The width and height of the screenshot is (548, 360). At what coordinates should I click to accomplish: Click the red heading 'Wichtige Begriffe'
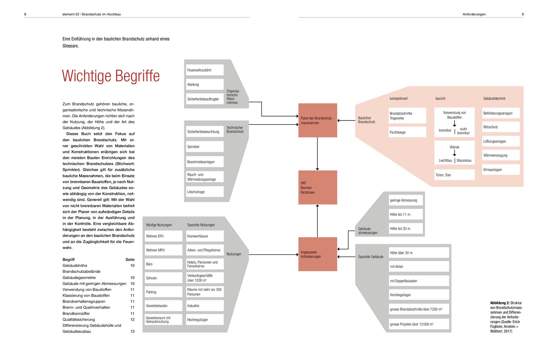coord(111,76)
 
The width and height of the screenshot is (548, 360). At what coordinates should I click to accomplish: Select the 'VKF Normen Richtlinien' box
coord(317,187)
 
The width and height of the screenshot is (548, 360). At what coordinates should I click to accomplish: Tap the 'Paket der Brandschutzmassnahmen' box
coord(317,121)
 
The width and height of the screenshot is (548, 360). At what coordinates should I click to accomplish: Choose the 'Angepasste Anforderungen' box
coord(317,254)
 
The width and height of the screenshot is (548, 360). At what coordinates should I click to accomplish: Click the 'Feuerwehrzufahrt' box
coord(205,70)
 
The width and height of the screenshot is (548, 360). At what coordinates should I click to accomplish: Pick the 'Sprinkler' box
coord(205,146)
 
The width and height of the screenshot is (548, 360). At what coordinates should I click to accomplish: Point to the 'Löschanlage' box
coord(205,192)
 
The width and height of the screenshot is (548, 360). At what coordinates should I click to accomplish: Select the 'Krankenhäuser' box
coord(205,236)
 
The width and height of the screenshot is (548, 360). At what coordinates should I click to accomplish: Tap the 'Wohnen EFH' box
coord(164,236)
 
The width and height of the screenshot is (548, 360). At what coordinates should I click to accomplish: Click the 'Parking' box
coord(164,292)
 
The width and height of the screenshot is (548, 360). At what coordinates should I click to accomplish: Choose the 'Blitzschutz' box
coord(501,127)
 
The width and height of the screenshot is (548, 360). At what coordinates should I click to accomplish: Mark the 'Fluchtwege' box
coord(407,132)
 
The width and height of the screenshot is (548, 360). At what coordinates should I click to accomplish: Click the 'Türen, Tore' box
coord(454,175)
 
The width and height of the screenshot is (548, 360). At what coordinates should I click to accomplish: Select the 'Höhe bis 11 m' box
coord(406,214)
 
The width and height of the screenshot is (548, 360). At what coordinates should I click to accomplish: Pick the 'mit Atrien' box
coord(419,266)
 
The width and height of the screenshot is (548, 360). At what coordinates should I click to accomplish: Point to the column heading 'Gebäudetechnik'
coord(494,98)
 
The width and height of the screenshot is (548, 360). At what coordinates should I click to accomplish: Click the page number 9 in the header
coord(523,14)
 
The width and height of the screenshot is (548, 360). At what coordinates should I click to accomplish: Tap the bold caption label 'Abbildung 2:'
coord(499,303)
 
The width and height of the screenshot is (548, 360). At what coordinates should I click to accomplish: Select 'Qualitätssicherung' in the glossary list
coord(79,319)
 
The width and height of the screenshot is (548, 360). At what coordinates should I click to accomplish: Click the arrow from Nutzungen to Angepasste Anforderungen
coord(274,255)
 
